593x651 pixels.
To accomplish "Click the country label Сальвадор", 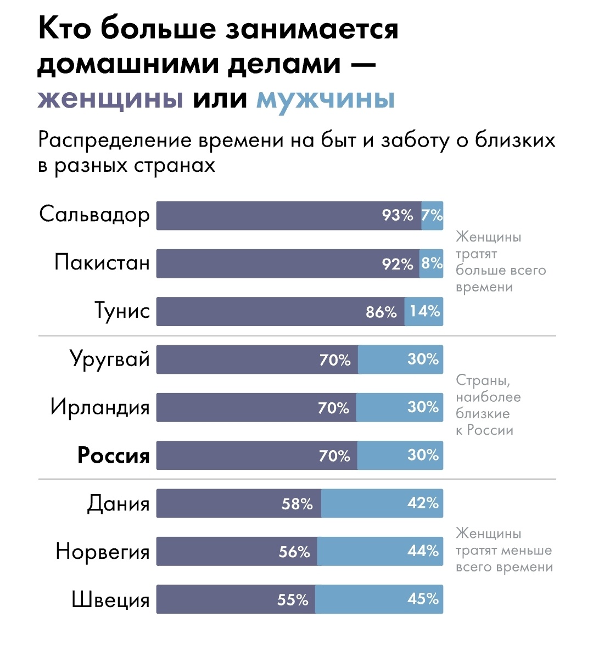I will (x=94, y=215).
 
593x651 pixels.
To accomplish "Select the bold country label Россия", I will (x=113, y=455).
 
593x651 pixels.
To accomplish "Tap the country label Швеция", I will (x=110, y=599).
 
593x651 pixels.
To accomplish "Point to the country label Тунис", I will (x=122, y=311).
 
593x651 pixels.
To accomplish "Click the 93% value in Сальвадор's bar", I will (x=398, y=215).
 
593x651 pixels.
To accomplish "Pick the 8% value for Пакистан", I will (x=432, y=263).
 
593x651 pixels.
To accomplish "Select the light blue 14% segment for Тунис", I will (x=424, y=311).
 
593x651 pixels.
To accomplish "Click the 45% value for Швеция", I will (x=423, y=599).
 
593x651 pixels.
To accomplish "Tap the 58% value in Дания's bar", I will (x=297, y=503).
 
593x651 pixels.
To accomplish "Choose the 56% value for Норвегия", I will (x=294, y=552).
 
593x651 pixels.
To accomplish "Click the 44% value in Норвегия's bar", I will (x=423, y=551).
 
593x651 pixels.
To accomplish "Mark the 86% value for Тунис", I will (x=381, y=312).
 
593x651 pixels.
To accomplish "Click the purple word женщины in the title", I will (x=110, y=99).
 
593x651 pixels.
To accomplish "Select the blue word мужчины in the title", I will (x=326, y=99).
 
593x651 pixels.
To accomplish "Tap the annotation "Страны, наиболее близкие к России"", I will (x=488, y=405).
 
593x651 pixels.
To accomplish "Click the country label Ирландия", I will (x=100, y=407).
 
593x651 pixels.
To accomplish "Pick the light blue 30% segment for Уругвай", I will (x=400, y=360).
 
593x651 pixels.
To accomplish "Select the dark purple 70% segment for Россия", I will (x=256, y=455).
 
